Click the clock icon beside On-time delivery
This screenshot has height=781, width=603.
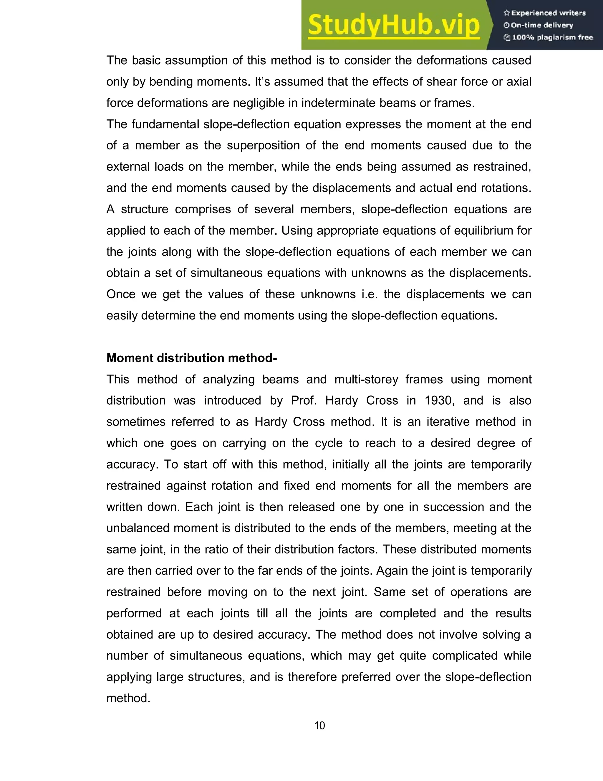[506, 25]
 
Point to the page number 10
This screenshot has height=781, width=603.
[319, 725]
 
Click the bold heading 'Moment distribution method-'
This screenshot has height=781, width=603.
[191, 358]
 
